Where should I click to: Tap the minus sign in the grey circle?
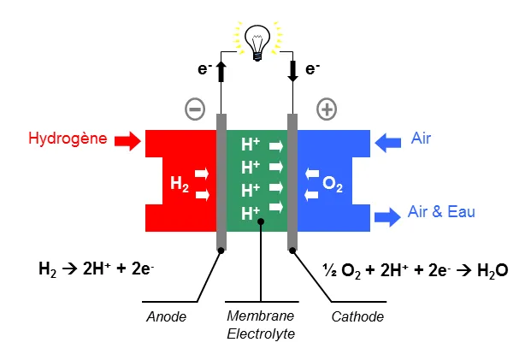pos(195,109)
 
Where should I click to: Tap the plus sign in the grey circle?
pos(326,109)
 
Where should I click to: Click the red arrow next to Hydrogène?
pos(127,140)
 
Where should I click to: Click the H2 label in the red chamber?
pos(180,184)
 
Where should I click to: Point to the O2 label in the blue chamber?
pos(333,184)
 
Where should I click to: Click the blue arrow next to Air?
pos(388,140)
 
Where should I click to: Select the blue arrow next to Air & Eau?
pos(387,215)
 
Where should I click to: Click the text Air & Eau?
pos(441,212)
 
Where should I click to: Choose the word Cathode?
pos(357,317)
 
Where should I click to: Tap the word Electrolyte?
pos(261,333)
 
